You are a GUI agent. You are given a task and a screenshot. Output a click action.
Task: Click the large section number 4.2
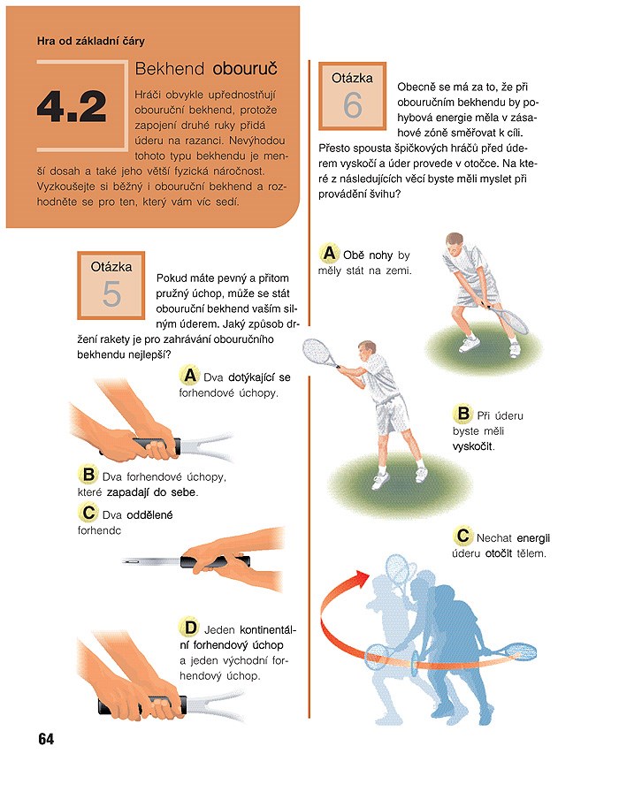point(72,107)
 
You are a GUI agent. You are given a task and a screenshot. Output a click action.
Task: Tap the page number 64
point(46,739)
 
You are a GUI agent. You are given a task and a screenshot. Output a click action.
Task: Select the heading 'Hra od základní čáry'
point(91,41)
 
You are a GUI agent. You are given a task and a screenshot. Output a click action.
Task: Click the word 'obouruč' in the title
point(245,69)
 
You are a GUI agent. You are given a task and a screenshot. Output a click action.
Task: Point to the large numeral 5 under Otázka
point(111,294)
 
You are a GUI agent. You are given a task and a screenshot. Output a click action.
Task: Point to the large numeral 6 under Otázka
point(353,105)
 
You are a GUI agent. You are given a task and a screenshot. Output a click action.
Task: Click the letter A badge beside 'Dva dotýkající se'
point(189,376)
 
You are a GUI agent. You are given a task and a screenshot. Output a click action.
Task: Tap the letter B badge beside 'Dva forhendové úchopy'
point(88,475)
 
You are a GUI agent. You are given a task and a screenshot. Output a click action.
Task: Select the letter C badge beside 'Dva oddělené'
point(88,514)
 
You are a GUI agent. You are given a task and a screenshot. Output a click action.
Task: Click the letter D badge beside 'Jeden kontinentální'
point(189,628)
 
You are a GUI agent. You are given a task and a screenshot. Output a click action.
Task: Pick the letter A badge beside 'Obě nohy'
point(329,253)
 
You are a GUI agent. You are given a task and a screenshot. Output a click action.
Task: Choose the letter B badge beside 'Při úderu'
point(462,414)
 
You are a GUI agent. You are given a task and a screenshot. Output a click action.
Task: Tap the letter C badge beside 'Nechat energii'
point(462,536)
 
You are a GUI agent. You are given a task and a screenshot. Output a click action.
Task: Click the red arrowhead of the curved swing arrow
point(362,577)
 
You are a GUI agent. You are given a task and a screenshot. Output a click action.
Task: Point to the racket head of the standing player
point(513,320)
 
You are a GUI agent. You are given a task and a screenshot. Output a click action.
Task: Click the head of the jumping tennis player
point(367,350)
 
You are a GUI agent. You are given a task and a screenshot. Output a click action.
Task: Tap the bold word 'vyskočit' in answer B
point(473,447)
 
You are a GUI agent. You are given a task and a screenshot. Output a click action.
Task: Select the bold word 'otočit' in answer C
point(499,553)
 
